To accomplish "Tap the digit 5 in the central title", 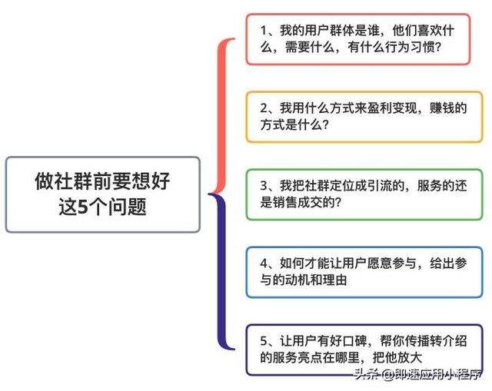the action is pos(83,207).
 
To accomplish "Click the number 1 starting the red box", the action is pos(264,31).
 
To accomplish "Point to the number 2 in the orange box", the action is pos(264,108).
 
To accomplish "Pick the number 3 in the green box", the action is pos(264,186).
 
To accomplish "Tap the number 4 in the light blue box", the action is pos(264,263).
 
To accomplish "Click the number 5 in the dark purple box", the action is pos(264,341).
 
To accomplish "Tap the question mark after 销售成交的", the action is pos(338,202).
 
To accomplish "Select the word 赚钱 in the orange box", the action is pos(442,108).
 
